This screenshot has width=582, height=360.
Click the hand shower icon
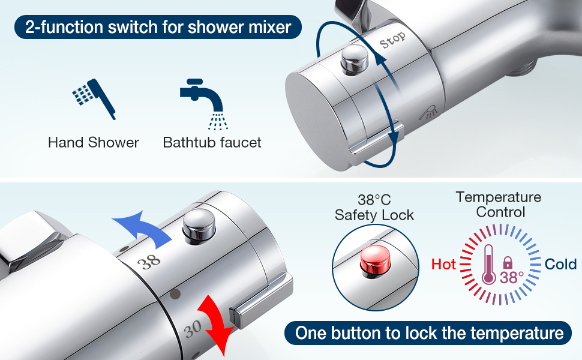95,98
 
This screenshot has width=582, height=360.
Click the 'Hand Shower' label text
93,143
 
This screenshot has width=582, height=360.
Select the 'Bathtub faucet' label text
212,143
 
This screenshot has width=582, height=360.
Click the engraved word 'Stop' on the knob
392,40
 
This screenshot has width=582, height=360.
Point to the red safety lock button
376,261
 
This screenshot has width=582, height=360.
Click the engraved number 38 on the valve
149,262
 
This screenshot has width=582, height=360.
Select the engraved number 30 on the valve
193,328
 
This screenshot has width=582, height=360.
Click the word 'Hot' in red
443,264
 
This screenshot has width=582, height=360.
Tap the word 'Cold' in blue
560,264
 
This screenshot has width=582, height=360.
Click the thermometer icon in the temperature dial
488,264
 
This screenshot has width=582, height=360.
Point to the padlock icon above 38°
508,263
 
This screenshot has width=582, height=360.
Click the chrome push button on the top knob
355,59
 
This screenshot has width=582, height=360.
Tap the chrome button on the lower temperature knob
199,226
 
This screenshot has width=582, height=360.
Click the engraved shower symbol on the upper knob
429,112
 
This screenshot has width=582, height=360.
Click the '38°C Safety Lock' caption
374,208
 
